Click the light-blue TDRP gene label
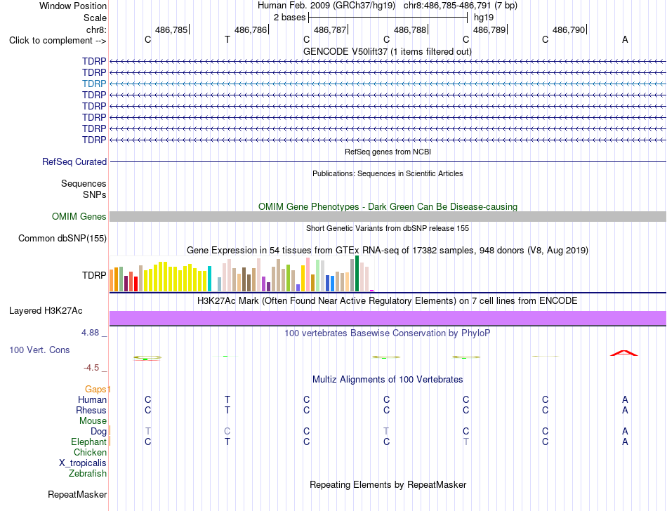coord(94,84)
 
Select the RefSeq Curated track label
coord(74,161)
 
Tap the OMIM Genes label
coord(79,216)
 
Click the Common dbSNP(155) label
coord(62,238)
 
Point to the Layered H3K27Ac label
coord(46,311)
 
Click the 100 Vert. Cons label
coord(39,350)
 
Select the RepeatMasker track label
coord(77,494)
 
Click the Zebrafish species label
coord(88,473)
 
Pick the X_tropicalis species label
coord(83,463)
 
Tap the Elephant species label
coord(88,442)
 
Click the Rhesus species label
coord(91,410)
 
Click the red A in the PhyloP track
coord(624,353)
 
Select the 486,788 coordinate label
coord(409,29)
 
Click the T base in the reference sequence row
coord(227,39)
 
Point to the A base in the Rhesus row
coord(625,410)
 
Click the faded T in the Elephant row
coord(465,442)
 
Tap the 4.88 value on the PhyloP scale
coord(90,333)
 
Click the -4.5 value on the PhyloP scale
coord(91,367)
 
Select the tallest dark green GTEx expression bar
coord(357,273)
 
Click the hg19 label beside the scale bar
coord(484,18)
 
